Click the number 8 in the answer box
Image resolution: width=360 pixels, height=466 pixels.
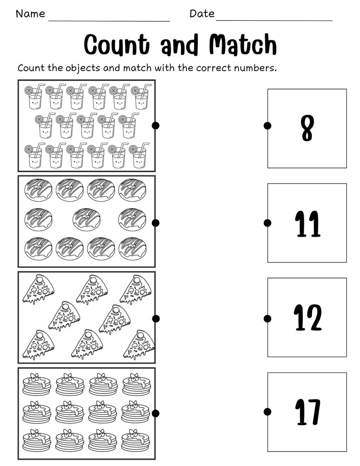tap(307, 129)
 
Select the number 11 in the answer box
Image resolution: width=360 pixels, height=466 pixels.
tap(307, 224)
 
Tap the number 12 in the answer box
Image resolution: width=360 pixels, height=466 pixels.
tap(307, 318)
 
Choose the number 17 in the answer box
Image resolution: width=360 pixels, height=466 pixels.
tap(307, 412)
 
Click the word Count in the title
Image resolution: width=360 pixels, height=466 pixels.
tap(117, 45)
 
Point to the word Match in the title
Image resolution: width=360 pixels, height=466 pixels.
tap(243, 45)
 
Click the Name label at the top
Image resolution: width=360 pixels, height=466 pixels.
tap(30, 14)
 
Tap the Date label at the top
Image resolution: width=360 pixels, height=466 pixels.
tap(202, 14)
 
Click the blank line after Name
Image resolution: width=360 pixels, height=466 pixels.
tap(109, 20)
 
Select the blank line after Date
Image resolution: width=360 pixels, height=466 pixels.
tap(274, 20)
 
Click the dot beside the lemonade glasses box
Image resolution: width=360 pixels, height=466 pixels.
tap(156, 126)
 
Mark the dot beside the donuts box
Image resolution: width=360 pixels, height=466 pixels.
tap(156, 223)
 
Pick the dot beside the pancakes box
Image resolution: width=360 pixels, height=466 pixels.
tap(156, 413)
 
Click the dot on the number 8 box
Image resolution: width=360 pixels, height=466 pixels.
tap(268, 126)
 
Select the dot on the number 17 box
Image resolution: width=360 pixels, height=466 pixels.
tap(268, 412)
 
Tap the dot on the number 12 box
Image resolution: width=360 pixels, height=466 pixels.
tap(268, 317)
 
